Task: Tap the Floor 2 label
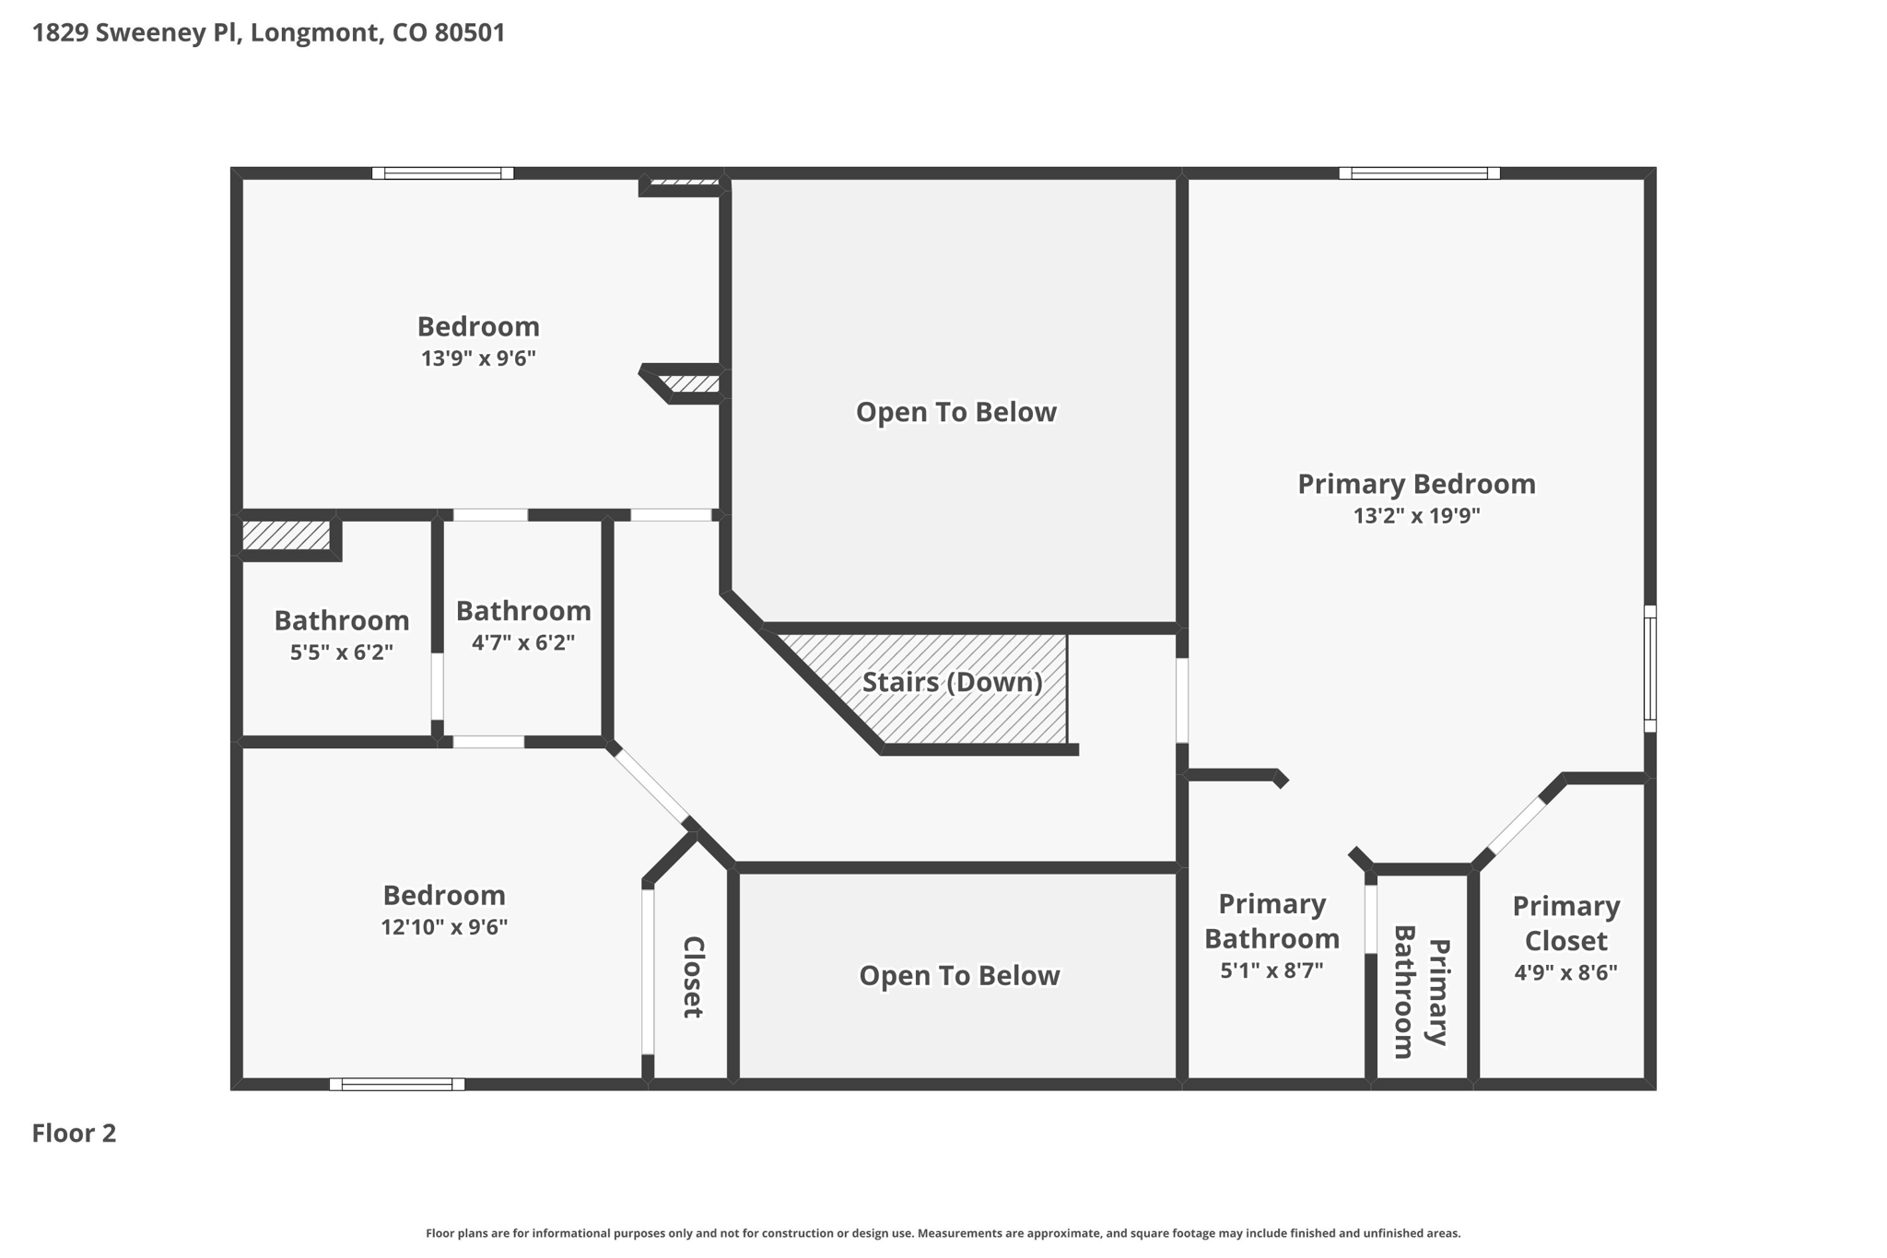pos(74,1133)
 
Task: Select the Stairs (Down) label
pos(952,682)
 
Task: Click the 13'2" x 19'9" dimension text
pos(1416,515)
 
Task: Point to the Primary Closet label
pos(1565,923)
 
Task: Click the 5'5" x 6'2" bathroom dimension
pos(341,653)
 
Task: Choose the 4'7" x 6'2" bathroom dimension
pos(522,642)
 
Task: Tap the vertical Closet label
pos(693,977)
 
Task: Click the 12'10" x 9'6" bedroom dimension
pos(444,927)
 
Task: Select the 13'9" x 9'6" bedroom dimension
pos(478,359)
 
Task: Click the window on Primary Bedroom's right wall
pos(1649,669)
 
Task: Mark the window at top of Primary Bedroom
pos(1419,173)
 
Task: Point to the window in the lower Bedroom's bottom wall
pos(397,1084)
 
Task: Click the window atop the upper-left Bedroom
pos(442,173)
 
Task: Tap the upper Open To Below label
pos(955,412)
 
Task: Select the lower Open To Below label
pos(959,976)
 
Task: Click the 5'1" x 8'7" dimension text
pos(1272,970)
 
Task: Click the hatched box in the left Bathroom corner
pos(286,535)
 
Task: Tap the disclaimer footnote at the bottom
pos(943,1233)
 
